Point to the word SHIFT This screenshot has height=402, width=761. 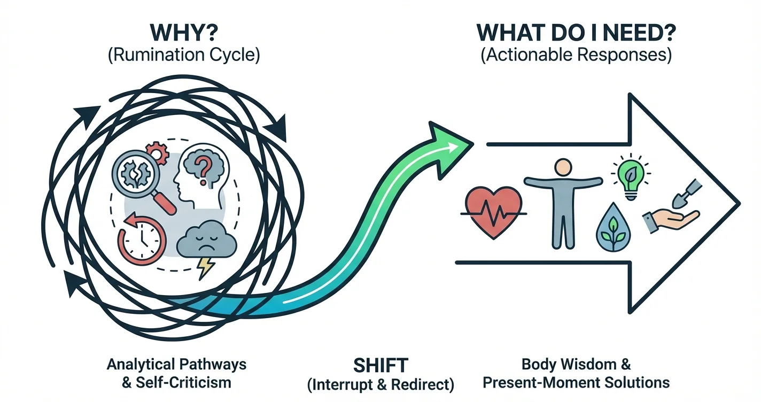[381, 366]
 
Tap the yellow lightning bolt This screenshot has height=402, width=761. [204, 267]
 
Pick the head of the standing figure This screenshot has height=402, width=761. [562, 168]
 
